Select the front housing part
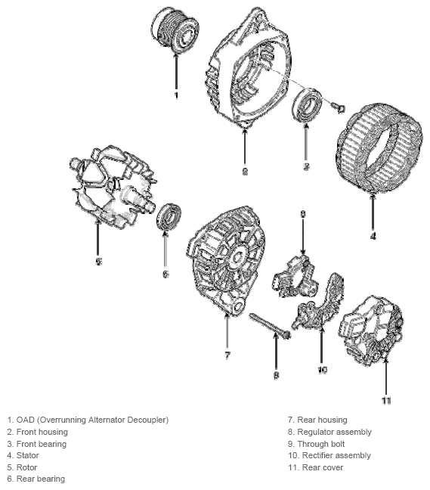[x=249, y=67]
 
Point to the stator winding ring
[x=380, y=150]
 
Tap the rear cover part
[x=370, y=330]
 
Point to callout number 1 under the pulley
[x=176, y=95]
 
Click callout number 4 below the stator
[x=373, y=236]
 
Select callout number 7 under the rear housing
[x=227, y=355]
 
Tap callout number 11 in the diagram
[x=386, y=400]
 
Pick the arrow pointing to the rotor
[x=98, y=237]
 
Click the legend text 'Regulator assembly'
[x=335, y=432]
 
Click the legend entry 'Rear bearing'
[x=41, y=479]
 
